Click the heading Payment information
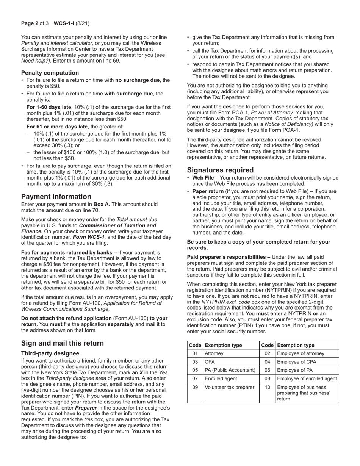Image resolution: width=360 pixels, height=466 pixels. pos(56,197)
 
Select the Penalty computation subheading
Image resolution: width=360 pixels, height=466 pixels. pos(50,73)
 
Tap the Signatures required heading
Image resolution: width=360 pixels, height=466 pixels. pos(220,170)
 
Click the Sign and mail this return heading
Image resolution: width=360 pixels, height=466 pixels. pos(62,343)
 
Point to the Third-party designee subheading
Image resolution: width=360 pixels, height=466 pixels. pos(50,353)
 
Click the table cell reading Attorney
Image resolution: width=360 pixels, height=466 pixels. pos(214,353)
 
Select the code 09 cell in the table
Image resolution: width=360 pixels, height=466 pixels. pos(195,387)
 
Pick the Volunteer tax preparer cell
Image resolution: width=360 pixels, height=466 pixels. pos(229,387)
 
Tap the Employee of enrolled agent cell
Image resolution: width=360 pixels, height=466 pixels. pos(307,378)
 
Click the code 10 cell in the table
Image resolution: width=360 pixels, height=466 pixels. pos(268,387)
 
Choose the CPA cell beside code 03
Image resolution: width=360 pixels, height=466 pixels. pos(210,362)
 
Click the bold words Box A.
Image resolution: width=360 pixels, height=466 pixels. pos(102,204)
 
